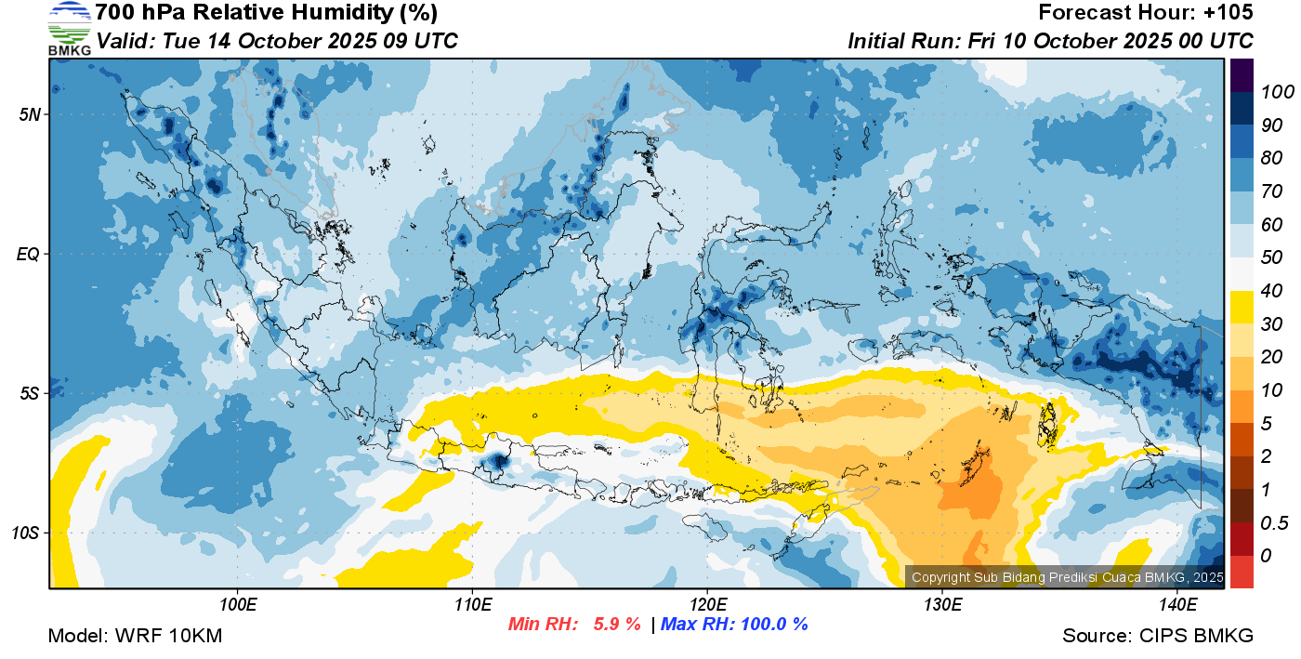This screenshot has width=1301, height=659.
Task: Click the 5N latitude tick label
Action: click(x=30, y=114)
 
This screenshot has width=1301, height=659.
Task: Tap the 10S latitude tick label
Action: click(x=27, y=534)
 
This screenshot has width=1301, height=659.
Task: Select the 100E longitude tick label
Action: click(x=238, y=605)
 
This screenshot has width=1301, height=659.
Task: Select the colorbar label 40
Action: click(x=1271, y=291)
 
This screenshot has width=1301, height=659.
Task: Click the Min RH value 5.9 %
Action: click(x=616, y=625)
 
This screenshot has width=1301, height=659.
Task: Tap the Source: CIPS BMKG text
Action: click(x=1158, y=636)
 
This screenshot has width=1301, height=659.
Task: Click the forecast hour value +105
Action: click(x=1228, y=13)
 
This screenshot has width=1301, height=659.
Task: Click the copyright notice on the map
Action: click(x=1067, y=577)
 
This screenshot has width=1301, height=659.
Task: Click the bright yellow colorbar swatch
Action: click(x=1242, y=307)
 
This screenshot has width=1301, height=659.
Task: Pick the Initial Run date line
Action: click(x=1050, y=41)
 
